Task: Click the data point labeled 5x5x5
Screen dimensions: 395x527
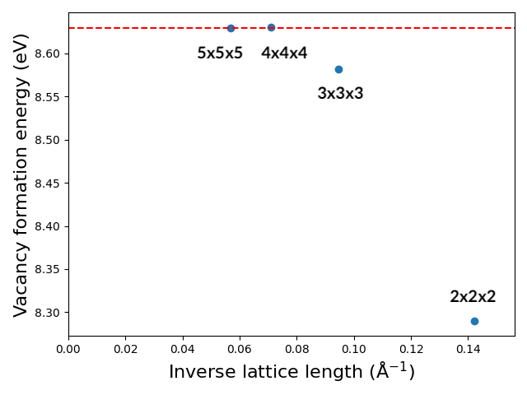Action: (x=231, y=28)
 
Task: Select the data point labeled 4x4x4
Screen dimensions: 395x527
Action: (x=271, y=27)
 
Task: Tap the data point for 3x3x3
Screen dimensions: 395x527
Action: (x=338, y=69)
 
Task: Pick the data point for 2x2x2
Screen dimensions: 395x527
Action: (x=474, y=321)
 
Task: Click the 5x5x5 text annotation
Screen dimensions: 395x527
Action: (x=220, y=53)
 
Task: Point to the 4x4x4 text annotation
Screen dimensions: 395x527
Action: (x=284, y=53)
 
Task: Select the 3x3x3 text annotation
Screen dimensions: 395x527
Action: (x=340, y=94)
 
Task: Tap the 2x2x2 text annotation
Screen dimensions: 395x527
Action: (x=473, y=297)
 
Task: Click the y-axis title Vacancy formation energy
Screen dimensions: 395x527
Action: (x=21, y=174)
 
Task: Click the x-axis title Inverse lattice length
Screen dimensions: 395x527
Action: (x=291, y=372)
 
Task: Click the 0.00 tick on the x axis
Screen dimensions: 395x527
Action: (x=68, y=349)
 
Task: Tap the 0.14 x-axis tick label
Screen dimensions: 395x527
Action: (x=469, y=349)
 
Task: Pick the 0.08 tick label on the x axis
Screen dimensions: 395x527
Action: (x=297, y=349)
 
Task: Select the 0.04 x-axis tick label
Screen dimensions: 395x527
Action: (x=183, y=349)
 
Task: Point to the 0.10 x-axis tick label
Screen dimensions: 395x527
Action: (x=354, y=349)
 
